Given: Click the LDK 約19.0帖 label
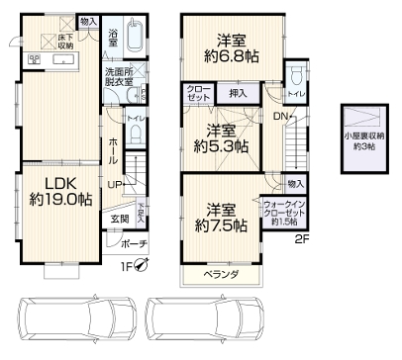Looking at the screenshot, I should [x=60, y=191].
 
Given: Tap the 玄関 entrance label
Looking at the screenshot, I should [x=119, y=219].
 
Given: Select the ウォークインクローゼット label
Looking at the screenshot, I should [x=285, y=214].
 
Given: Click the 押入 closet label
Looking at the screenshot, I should [x=238, y=92].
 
